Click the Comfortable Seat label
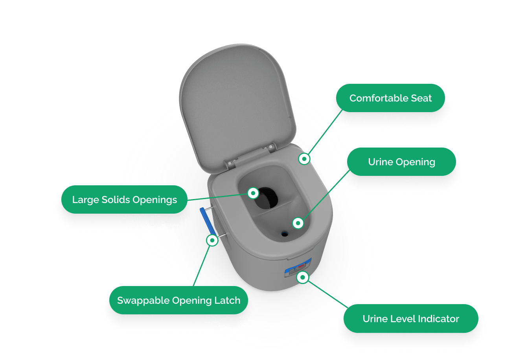pyautogui.click(x=390, y=98)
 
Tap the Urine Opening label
pyautogui.click(x=401, y=162)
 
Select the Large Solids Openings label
pyautogui.click(x=124, y=199)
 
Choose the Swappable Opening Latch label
pyautogui.click(x=178, y=300)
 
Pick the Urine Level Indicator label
pyautogui.click(x=411, y=318)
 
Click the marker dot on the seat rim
pyautogui.click(x=304, y=159)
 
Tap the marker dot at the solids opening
pyautogui.click(x=253, y=193)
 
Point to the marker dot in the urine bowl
pyautogui.click(x=298, y=223)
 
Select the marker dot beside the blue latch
pyautogui.click(x=212, y=240)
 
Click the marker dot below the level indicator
pyautogui.click(x=302, y=277)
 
